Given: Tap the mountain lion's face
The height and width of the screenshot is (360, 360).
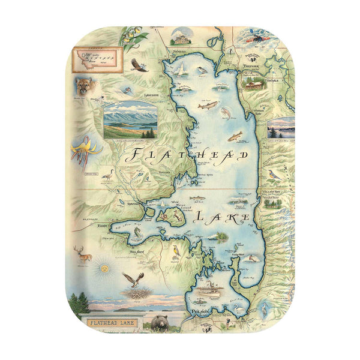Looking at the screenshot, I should pos(84,88).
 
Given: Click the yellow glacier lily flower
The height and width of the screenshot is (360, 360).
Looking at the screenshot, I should pos(82,151).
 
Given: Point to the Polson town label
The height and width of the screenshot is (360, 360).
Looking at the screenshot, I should pos(199,313).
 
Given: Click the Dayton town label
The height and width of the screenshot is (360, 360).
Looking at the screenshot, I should pos(133,204).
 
